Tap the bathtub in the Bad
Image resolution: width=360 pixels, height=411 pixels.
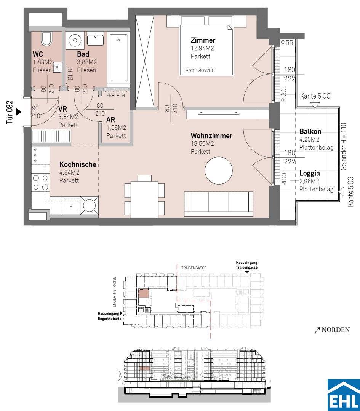tap(119, 59)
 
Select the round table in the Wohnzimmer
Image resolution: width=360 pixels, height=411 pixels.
tap(219, 170)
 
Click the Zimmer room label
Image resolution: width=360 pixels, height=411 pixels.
tap(203, 40)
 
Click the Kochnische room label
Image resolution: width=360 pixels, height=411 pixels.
tap(78, 165)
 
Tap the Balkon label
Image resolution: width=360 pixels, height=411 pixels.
tap(310, 132)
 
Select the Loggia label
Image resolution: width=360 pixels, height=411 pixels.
tap(310, 173)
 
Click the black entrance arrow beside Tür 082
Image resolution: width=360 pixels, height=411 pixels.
tap(18, 112)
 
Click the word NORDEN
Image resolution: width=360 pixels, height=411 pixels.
tap(336, 330)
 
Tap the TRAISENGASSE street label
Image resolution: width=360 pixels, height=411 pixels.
tap(194, 268)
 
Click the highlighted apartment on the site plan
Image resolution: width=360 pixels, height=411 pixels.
tap(143, 293)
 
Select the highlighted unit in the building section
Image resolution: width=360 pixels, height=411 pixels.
tap(145, 368)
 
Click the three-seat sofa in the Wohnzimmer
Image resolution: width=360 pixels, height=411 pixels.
tap(219, 204)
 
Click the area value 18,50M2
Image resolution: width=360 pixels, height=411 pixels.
tap(202, 143)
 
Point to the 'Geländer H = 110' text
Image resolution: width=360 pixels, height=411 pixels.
tap(344, 147)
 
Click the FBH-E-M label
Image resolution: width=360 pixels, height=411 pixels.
tap(115, 96)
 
